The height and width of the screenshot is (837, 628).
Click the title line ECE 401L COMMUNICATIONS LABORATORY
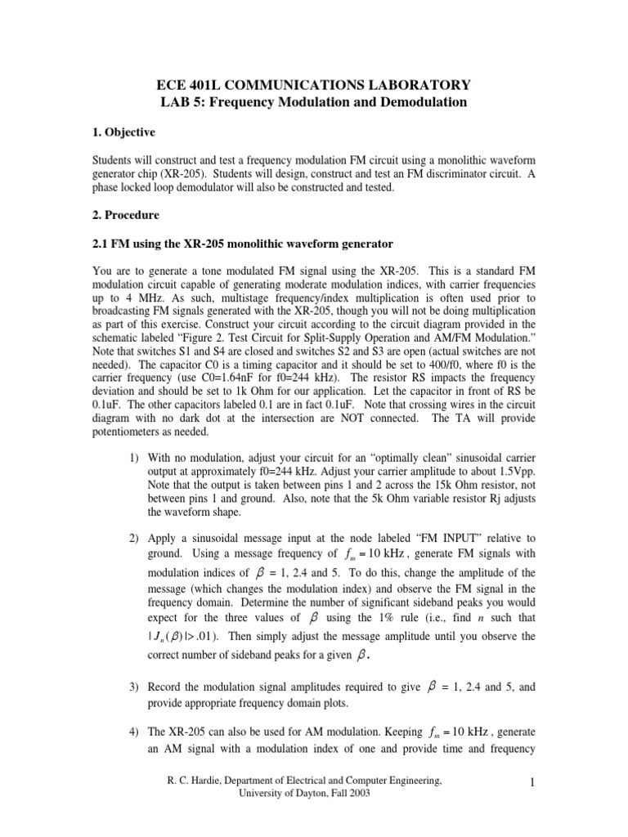point(314,84)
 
